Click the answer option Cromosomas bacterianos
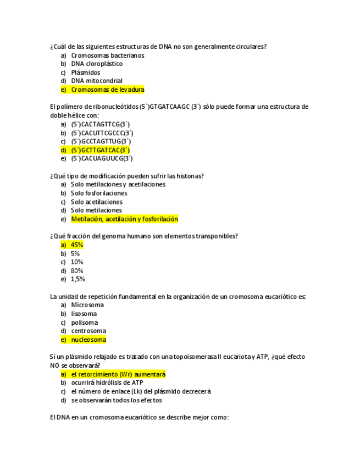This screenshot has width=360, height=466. coord(107,56)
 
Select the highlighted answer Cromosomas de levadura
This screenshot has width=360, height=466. coord(107,90)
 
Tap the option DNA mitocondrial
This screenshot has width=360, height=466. coord(97,81)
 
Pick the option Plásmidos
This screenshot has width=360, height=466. coord(86,73)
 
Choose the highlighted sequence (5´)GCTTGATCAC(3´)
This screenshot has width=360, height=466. coord(100,150)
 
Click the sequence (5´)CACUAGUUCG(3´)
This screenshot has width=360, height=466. coord(102,159)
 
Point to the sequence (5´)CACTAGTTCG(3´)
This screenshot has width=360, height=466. coord(100,124)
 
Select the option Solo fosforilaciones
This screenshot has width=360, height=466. coord(99,193)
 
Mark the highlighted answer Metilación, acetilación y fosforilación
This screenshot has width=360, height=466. coord(124,219)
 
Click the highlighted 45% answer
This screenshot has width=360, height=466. coord(77,245)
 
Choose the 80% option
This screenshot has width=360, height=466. coord(77,270)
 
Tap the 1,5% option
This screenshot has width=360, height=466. coord(78,279)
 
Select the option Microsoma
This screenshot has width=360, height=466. coord(87,305)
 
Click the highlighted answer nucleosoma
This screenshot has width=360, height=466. coord(88,340)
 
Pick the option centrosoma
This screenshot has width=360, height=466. coord(88,331)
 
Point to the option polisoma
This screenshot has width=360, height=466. coord(85,323)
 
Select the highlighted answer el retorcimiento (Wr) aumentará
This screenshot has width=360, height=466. coord(118,374)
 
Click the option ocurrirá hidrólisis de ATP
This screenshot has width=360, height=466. coord(107,382)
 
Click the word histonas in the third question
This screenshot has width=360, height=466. coord(191,176)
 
